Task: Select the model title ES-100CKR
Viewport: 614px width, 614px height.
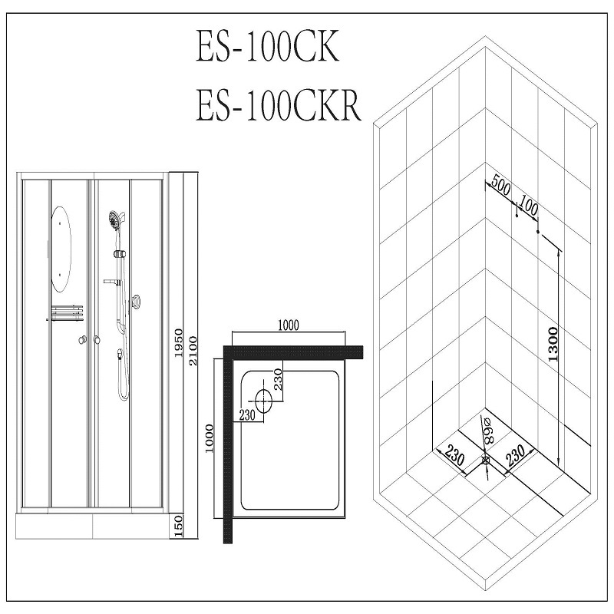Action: (x=277, y=106)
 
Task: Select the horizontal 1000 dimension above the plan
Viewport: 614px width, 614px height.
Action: (x=288, y=325)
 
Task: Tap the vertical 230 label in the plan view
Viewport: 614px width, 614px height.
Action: (x=279, y=379)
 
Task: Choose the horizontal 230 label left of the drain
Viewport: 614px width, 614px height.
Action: (x=247, y=415)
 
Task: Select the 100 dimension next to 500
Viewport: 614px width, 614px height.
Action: (x=528, y=203)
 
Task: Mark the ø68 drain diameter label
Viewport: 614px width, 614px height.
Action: (x=488, y=433)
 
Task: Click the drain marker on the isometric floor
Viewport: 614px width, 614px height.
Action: (x=486, y=460)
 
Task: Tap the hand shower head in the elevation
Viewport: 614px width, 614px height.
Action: (x=114, y=220)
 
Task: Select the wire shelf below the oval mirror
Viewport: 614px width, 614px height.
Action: (x=67, y=313)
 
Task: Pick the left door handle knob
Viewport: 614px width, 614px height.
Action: (x=82, y=339)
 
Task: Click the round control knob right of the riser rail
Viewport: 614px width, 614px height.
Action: (x=137, y=302)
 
